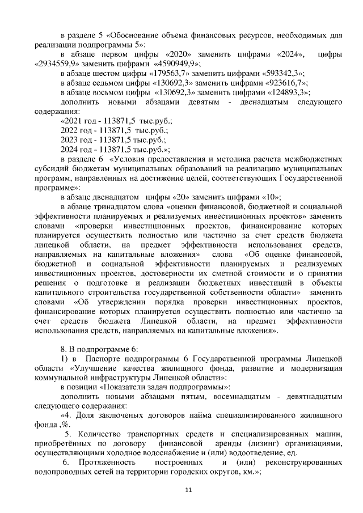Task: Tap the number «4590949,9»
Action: click(x=170, y=63)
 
